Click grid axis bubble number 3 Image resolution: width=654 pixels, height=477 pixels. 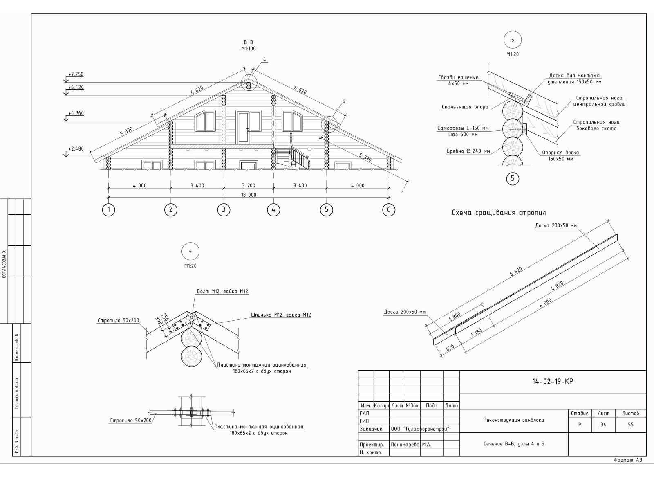click(224, 209)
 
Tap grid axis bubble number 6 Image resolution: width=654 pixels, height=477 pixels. click(389, 209)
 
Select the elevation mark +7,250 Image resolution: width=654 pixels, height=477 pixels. click(76, 74)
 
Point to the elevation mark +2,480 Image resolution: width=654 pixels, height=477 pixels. click(76, 149)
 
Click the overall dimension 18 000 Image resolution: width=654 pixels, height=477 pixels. click(249, 195)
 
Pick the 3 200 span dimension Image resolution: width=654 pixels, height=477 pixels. click(249, 186)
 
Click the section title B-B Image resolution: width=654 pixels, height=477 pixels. click(249, 43)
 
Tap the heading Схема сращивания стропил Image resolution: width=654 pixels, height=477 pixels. click(499, 213)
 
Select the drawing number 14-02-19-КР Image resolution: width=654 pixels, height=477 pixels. click(553, 381)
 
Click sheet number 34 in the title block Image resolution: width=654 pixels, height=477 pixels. click(603, 424)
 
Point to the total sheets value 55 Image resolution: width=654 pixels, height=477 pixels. click(631, 424)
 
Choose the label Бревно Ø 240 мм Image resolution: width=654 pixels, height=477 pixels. click(468, 151)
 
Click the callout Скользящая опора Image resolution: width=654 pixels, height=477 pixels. click(465, 107)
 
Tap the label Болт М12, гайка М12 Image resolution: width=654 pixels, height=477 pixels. click(222, 291)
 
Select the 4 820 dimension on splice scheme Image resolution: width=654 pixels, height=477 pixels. click(558, 286)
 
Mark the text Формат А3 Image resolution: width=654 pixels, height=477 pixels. click(628, 460)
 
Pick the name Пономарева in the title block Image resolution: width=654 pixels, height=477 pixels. click(405, 445)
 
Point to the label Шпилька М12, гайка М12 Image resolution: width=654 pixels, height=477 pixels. click(281, 315)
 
